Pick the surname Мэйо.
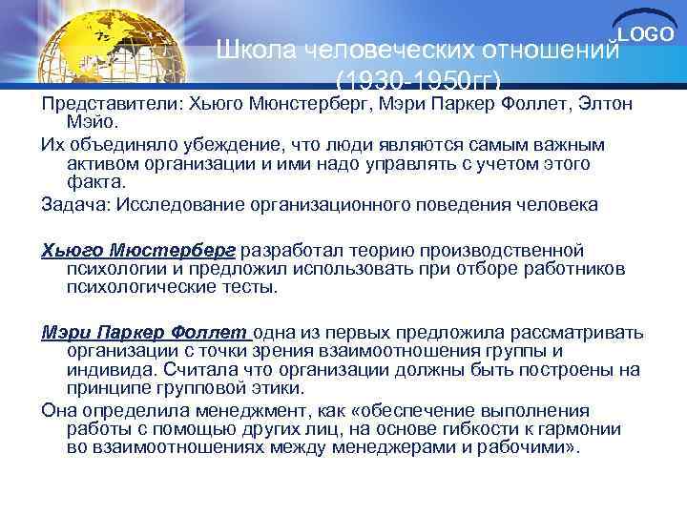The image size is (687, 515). tap(90, 121)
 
